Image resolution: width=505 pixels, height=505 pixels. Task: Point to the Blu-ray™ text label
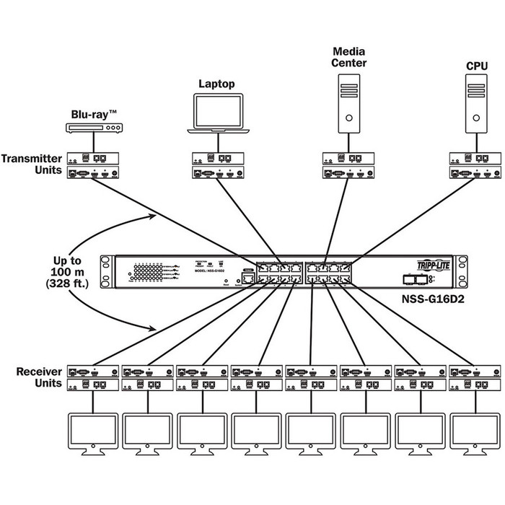94,113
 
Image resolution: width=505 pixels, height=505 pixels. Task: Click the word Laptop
216,84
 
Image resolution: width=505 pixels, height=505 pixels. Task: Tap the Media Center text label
349,57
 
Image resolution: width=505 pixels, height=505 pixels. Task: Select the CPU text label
476,66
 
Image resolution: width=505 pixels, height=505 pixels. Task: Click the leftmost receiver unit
93,378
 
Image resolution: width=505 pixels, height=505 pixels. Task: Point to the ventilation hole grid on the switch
147,273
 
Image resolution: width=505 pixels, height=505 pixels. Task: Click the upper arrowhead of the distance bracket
153,215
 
